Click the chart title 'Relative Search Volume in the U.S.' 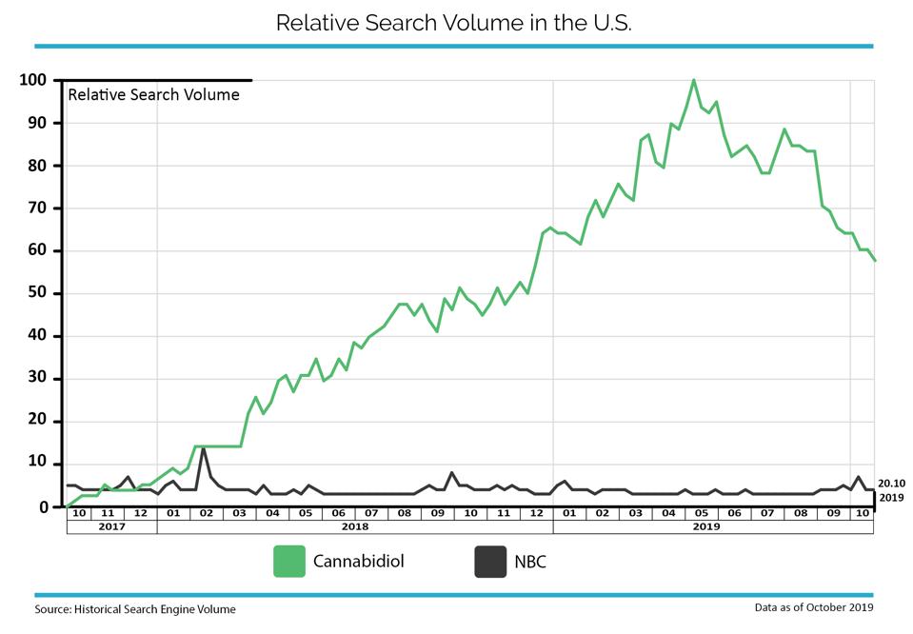(453, 23)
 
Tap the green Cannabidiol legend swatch (289, 562)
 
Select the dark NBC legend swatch (490, 562)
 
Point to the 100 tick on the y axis (32, 80)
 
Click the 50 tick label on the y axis (37, 293)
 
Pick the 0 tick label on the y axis (43, 507)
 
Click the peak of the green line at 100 (693, 80)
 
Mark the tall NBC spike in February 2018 (203, 447)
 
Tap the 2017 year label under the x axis (111, 526)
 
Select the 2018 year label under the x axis (354, 526)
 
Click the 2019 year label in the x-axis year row (706, 526)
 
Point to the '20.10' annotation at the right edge (891, 484)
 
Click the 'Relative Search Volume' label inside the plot (153, 95)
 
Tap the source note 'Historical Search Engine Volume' (155, 609)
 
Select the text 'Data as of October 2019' (814, 607)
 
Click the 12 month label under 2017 (140, 513)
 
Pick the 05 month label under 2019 (702, 513)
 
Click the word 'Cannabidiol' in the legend (359, 562)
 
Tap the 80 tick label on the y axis (37, 166)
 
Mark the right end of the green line (875, 260)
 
